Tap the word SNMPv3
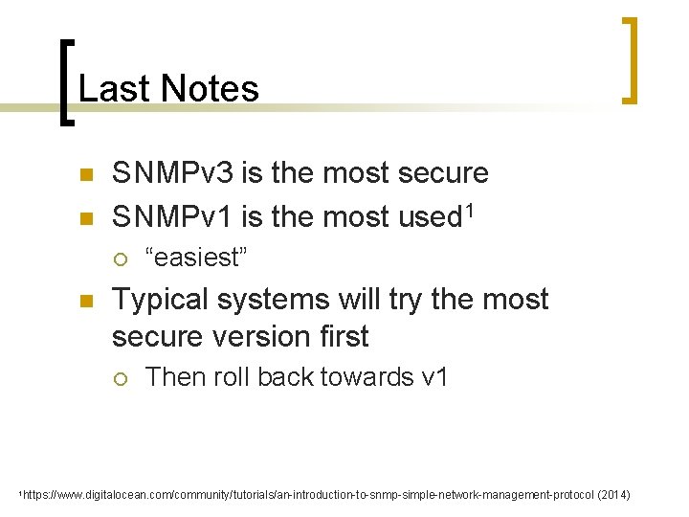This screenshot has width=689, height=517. point(172,173)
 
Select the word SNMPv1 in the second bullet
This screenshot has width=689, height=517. point(172,217)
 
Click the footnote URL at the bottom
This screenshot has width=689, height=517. point(306,495)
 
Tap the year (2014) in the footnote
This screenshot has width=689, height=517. point(612,495)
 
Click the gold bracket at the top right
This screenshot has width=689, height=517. point(629,59)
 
